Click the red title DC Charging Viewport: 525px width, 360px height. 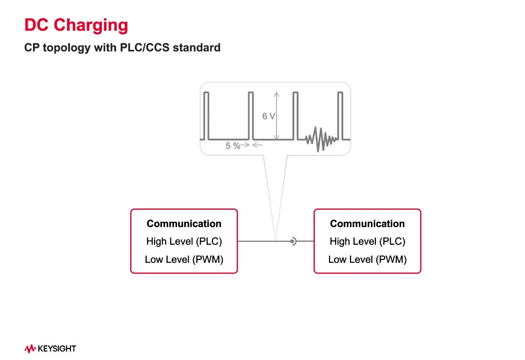click(76, 25)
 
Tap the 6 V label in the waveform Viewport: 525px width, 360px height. click(268, 116)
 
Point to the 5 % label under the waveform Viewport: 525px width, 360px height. click(233, 146)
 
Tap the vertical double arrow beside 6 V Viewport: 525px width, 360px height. click(277, 116)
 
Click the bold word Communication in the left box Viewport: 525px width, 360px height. click(184, 223)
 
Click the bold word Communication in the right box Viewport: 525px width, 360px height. click(367, 223)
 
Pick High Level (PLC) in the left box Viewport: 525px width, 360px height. click(184, 241)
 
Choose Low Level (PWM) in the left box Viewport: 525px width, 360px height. click(184, 259)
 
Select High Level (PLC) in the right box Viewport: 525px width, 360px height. click(367, 241)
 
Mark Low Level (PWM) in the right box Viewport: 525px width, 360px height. click(367, 259)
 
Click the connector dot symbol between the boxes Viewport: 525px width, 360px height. click(293, 241)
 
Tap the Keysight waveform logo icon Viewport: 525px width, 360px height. click(30, 348)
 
